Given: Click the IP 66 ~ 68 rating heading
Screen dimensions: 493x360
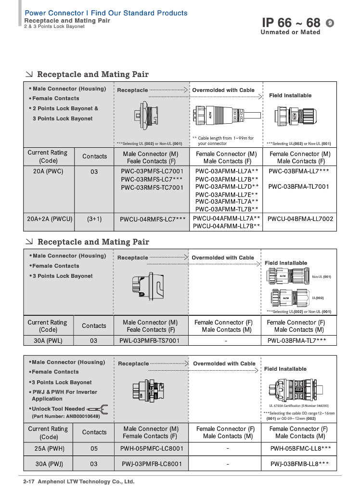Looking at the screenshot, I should click(291, 23).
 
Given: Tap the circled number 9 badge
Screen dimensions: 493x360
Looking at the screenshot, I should click(330, 23).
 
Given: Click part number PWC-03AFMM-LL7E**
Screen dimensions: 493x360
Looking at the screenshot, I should click(227, 195).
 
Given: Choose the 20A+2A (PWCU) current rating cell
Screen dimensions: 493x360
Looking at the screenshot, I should click(50, 219).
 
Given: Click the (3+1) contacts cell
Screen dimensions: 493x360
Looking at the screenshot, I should click(94, 219).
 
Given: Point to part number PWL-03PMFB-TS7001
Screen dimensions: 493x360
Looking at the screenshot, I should click(149, 340).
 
